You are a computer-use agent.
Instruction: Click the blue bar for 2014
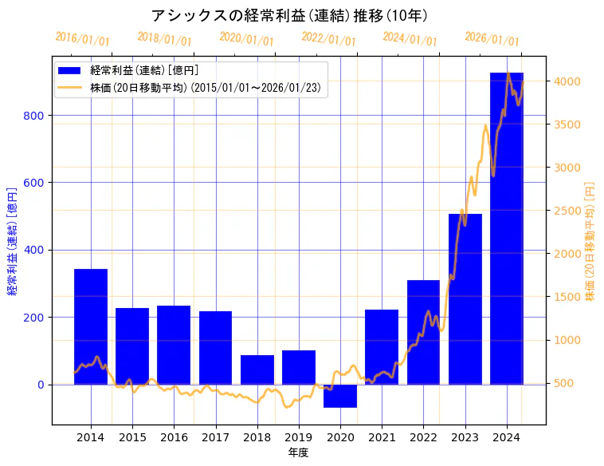[x=91, y=326]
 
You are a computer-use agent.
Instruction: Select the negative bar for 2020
[x=340, y=396]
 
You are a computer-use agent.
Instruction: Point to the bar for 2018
[x=257, y=369]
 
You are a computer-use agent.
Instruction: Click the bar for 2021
[x=382, y=347]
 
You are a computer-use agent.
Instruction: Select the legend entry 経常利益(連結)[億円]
[x=143, y=71]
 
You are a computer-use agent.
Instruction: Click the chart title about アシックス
[x=290, y=15]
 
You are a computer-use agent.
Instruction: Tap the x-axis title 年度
[x=299, y=452]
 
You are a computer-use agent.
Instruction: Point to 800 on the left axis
[x=36, y=115]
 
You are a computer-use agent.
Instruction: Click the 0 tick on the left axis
[x=42, y=385]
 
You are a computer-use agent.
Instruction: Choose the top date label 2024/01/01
[x=410, y=39]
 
